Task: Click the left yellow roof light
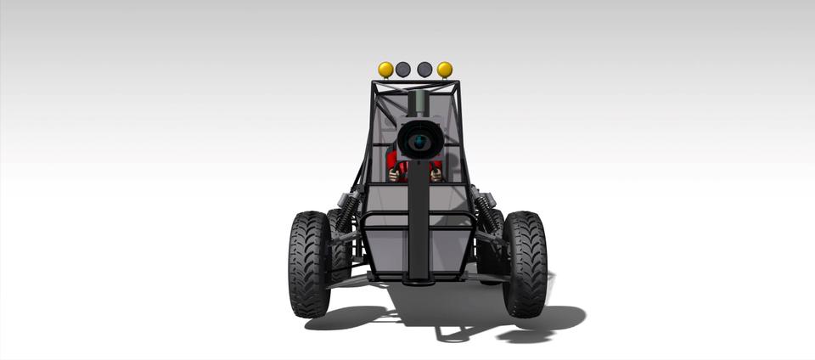[x=385, y=69]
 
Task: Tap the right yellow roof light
[x=445, y=69]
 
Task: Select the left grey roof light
[x=404, y=69]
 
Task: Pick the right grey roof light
[x=424, y=69]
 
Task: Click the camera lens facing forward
[x=418, y=140]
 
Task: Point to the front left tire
[x=310, y=263]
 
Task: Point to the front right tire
[x=525, y=263]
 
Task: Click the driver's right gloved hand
[x=436, y=173]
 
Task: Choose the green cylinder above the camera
[x=418, y=104]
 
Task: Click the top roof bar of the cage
[x=416, y=82]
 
